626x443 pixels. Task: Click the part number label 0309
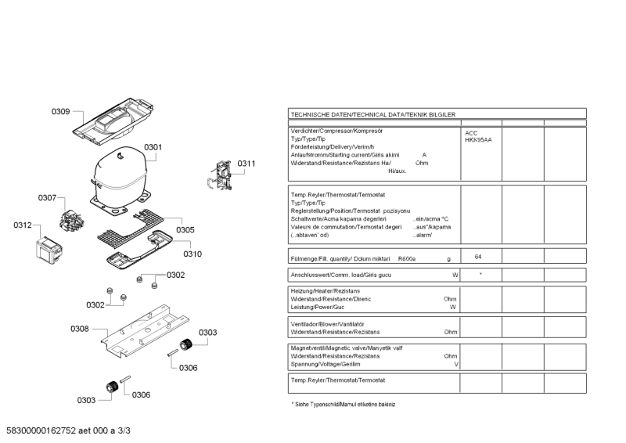click(x=61, y=111)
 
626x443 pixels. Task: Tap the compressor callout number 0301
click(x=153, y=147)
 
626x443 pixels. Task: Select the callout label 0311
click(x=246, y=164)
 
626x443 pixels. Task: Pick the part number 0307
click(x=47, y=198)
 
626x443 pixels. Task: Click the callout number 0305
click(x=185, y=229)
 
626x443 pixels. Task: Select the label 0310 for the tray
click(x=192, y=254)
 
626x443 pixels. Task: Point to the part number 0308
click(x=79, y=329)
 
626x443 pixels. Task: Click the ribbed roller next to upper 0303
click(x=186, y=345)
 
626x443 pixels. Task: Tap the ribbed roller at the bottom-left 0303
click(x=111, y=385)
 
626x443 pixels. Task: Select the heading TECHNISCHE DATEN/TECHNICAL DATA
click(x=372, y=114)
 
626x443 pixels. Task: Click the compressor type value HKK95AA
click(x=478, y=140)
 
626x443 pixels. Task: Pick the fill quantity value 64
click(x=477, y=257)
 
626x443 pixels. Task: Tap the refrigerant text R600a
click(x=407, y=258)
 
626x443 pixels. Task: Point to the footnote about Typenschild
click(x=343, y=404)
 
